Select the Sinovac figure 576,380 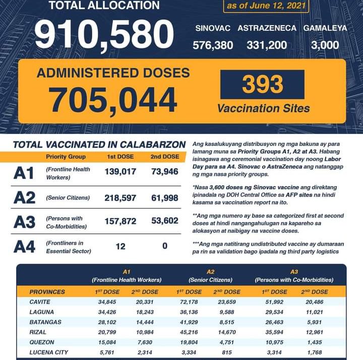tap(213, 45)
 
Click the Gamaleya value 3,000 tap(325, 45)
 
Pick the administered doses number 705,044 tap(113, 99)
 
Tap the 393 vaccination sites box tap(262, 84)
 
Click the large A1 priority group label tap(24, 173)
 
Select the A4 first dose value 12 tap(119, 246)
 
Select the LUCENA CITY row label tap(49, 352)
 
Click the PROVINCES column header tap(47, 292)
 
